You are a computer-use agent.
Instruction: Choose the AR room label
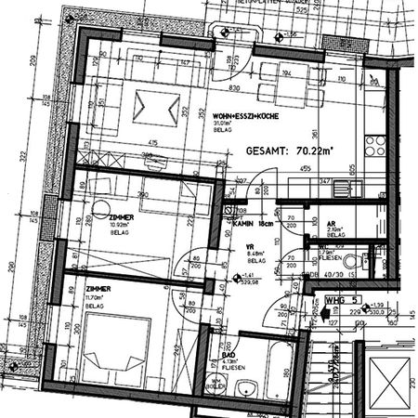point(332,224)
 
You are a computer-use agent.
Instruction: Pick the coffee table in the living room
point(158,107)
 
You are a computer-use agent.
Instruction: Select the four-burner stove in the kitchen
point(376,145)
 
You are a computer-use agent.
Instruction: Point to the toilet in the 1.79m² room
point(376,255)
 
